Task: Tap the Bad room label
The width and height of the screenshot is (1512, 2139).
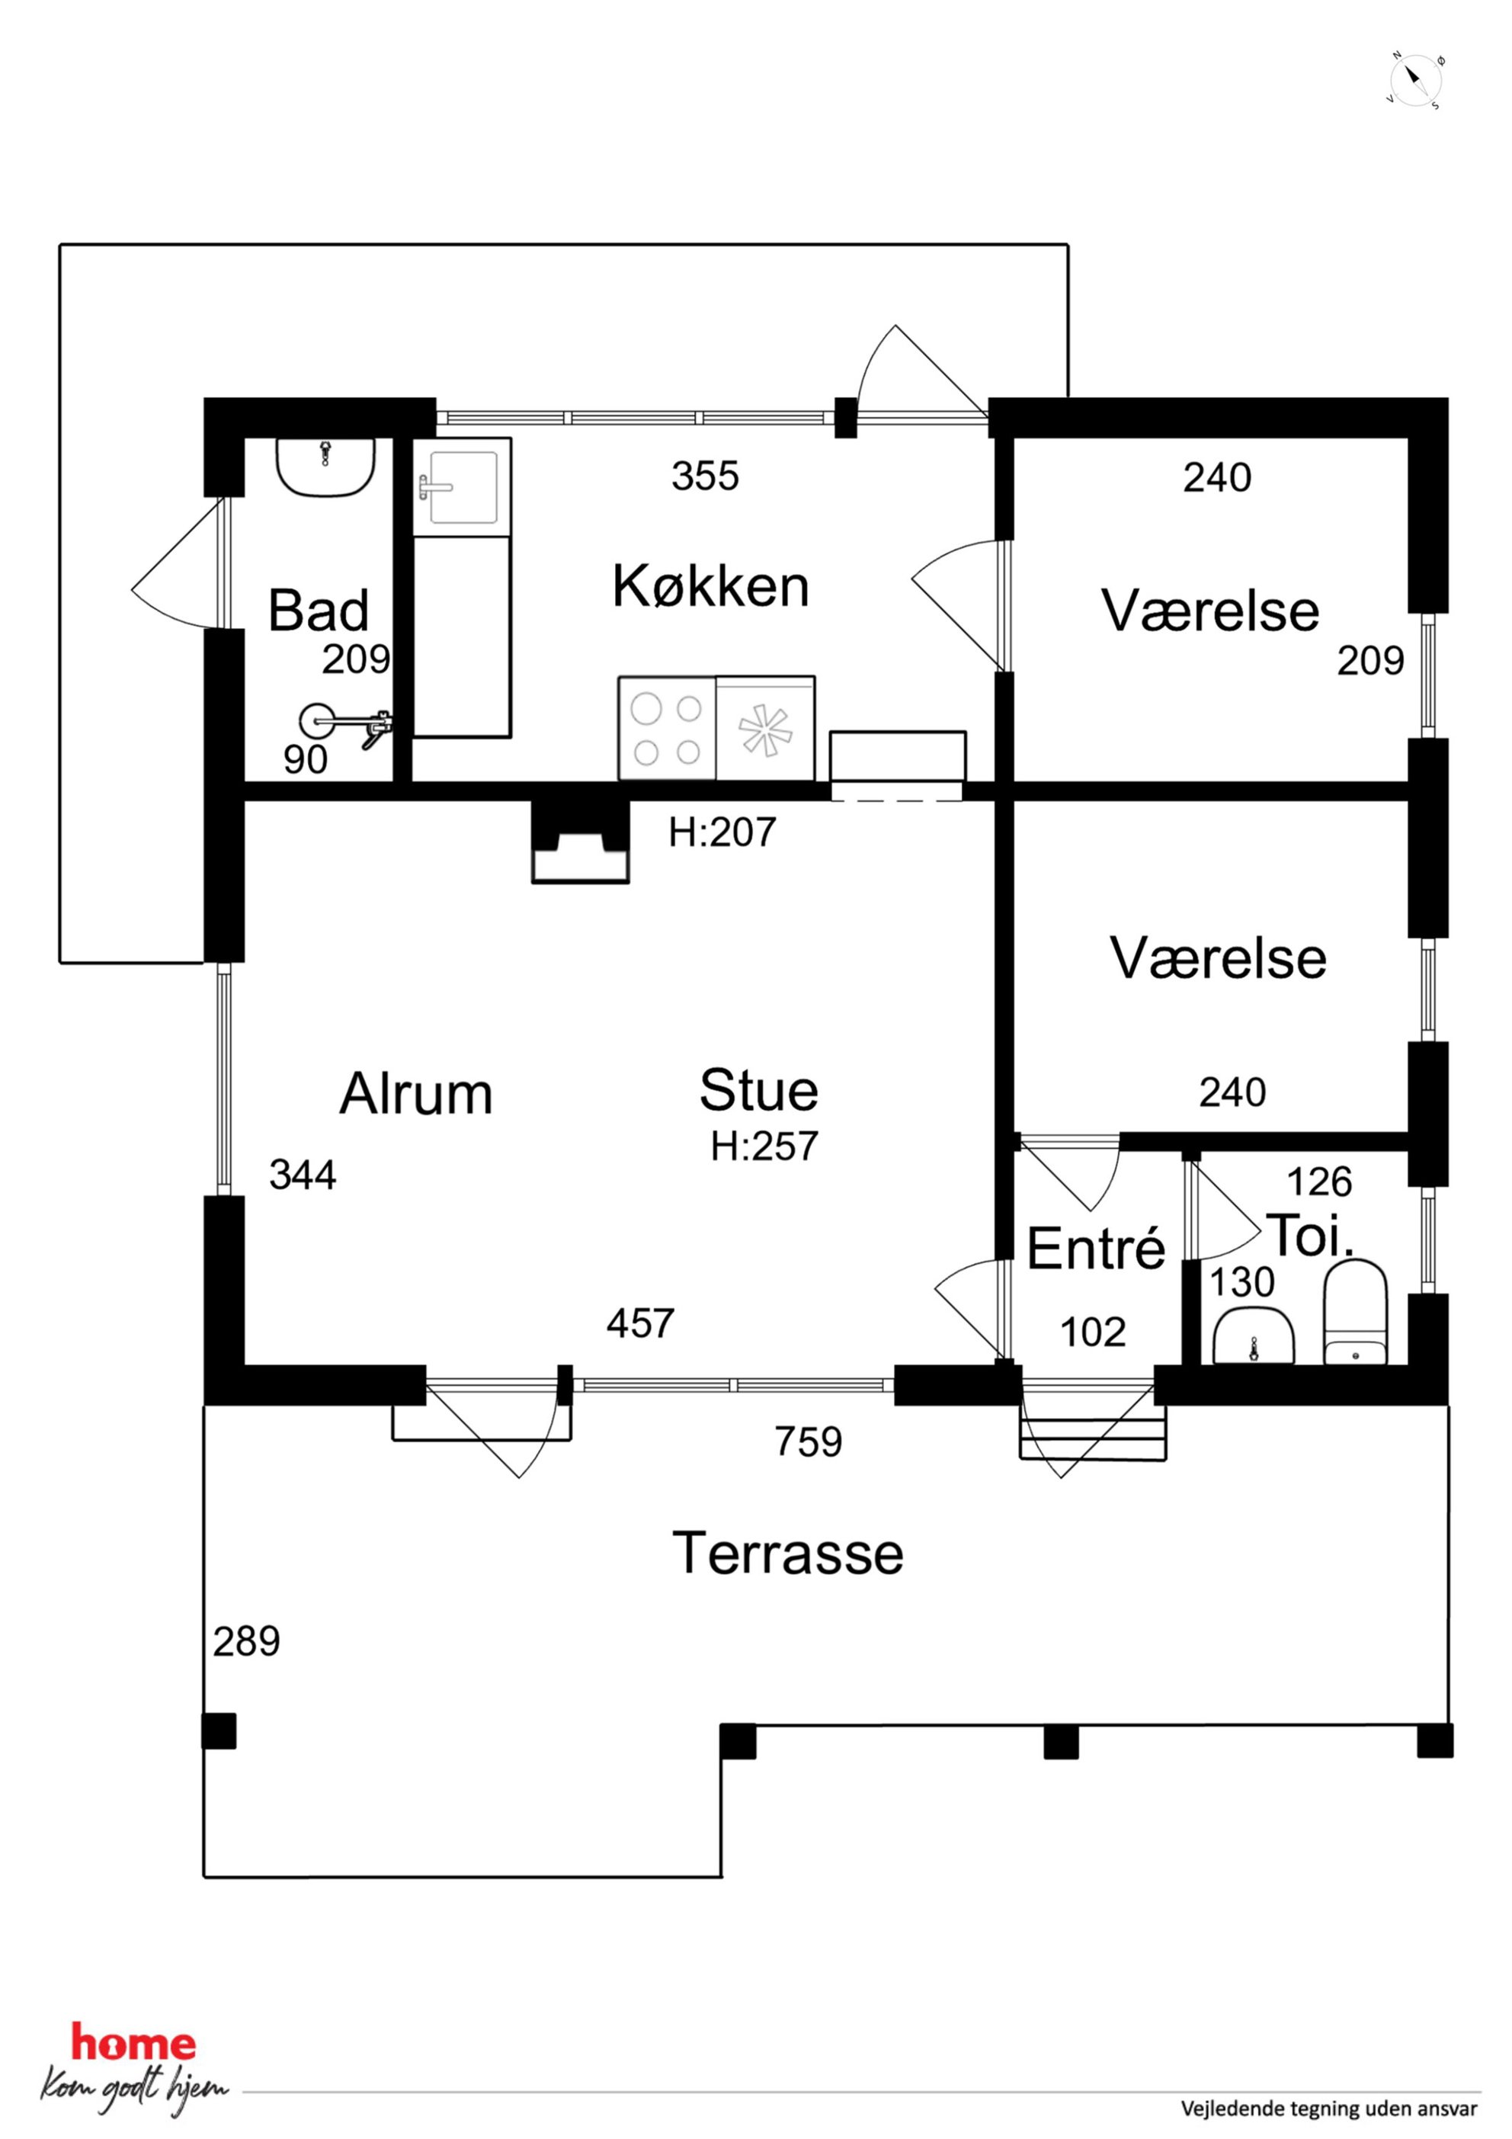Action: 319,611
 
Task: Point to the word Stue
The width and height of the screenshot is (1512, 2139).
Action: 758,1090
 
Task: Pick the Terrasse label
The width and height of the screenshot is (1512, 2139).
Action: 787,1553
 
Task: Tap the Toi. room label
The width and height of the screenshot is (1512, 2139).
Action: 1310,1236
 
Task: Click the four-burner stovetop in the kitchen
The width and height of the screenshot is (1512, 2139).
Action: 667,727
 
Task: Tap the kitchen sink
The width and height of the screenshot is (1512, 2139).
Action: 462,486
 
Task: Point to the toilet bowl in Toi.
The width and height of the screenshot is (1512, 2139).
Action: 1356,1313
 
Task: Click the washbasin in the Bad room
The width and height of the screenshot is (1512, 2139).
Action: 325,467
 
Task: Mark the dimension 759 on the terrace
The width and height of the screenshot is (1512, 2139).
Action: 808,1442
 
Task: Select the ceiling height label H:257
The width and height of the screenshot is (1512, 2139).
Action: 764,1146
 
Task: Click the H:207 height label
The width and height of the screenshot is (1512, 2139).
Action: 722,832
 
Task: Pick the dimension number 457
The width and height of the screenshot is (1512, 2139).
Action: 640,1323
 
